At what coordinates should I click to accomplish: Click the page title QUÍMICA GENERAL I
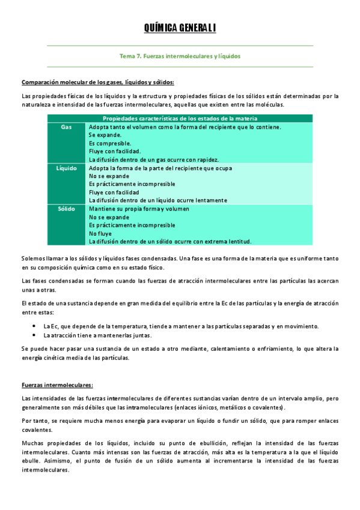[180, 28]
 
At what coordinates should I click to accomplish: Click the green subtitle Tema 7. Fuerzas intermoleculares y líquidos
[180, 56]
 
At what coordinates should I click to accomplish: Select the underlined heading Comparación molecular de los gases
[98, 82]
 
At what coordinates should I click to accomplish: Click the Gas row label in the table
[67, 127]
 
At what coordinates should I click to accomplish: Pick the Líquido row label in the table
[67, 168]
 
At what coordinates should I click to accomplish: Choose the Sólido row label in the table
[67, 209]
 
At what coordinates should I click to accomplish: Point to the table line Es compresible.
[109, 144]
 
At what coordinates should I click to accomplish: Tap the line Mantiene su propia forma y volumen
[139, 209]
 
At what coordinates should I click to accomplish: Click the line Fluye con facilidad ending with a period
[115, 152]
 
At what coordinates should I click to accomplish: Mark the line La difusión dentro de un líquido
[157, 200]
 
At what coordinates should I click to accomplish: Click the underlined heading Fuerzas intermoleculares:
[57, 384]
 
